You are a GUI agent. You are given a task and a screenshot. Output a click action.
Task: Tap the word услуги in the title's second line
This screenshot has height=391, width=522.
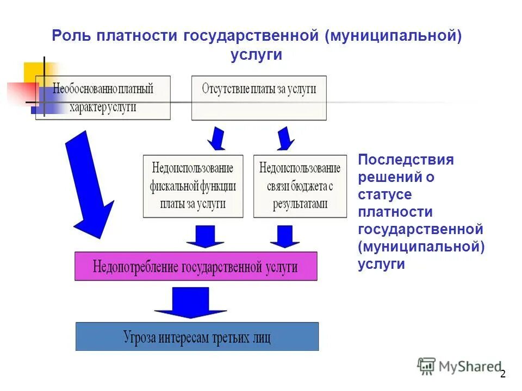[x=256, y=55]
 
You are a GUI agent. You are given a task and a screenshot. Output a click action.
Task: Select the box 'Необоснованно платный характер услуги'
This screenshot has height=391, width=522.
[x=103, y=98]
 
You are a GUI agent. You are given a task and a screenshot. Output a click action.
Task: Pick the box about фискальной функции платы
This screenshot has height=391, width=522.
[x=193, y=186]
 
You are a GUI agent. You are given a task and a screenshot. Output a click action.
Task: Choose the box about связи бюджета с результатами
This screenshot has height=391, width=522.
[x=300, y=186]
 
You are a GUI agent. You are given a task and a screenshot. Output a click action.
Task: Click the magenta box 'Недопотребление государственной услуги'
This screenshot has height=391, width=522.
[x=196, y=266]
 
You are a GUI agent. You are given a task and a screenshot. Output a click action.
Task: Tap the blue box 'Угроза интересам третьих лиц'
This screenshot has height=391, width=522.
[x=197, y=336]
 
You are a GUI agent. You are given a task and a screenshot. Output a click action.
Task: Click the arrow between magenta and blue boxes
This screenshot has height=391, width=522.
[x=190, y=302]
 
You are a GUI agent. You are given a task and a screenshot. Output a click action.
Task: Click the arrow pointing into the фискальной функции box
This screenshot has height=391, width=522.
[x=216, y=138]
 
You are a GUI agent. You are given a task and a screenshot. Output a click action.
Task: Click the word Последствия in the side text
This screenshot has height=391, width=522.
[x=406, y=160]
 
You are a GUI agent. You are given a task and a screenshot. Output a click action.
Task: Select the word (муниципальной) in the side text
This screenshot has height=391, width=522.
[x=421, y=247]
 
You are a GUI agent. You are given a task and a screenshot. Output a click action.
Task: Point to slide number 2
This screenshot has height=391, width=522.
[x=502, y=374]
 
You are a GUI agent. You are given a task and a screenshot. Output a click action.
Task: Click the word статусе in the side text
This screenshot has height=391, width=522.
[x=385, y=194]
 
